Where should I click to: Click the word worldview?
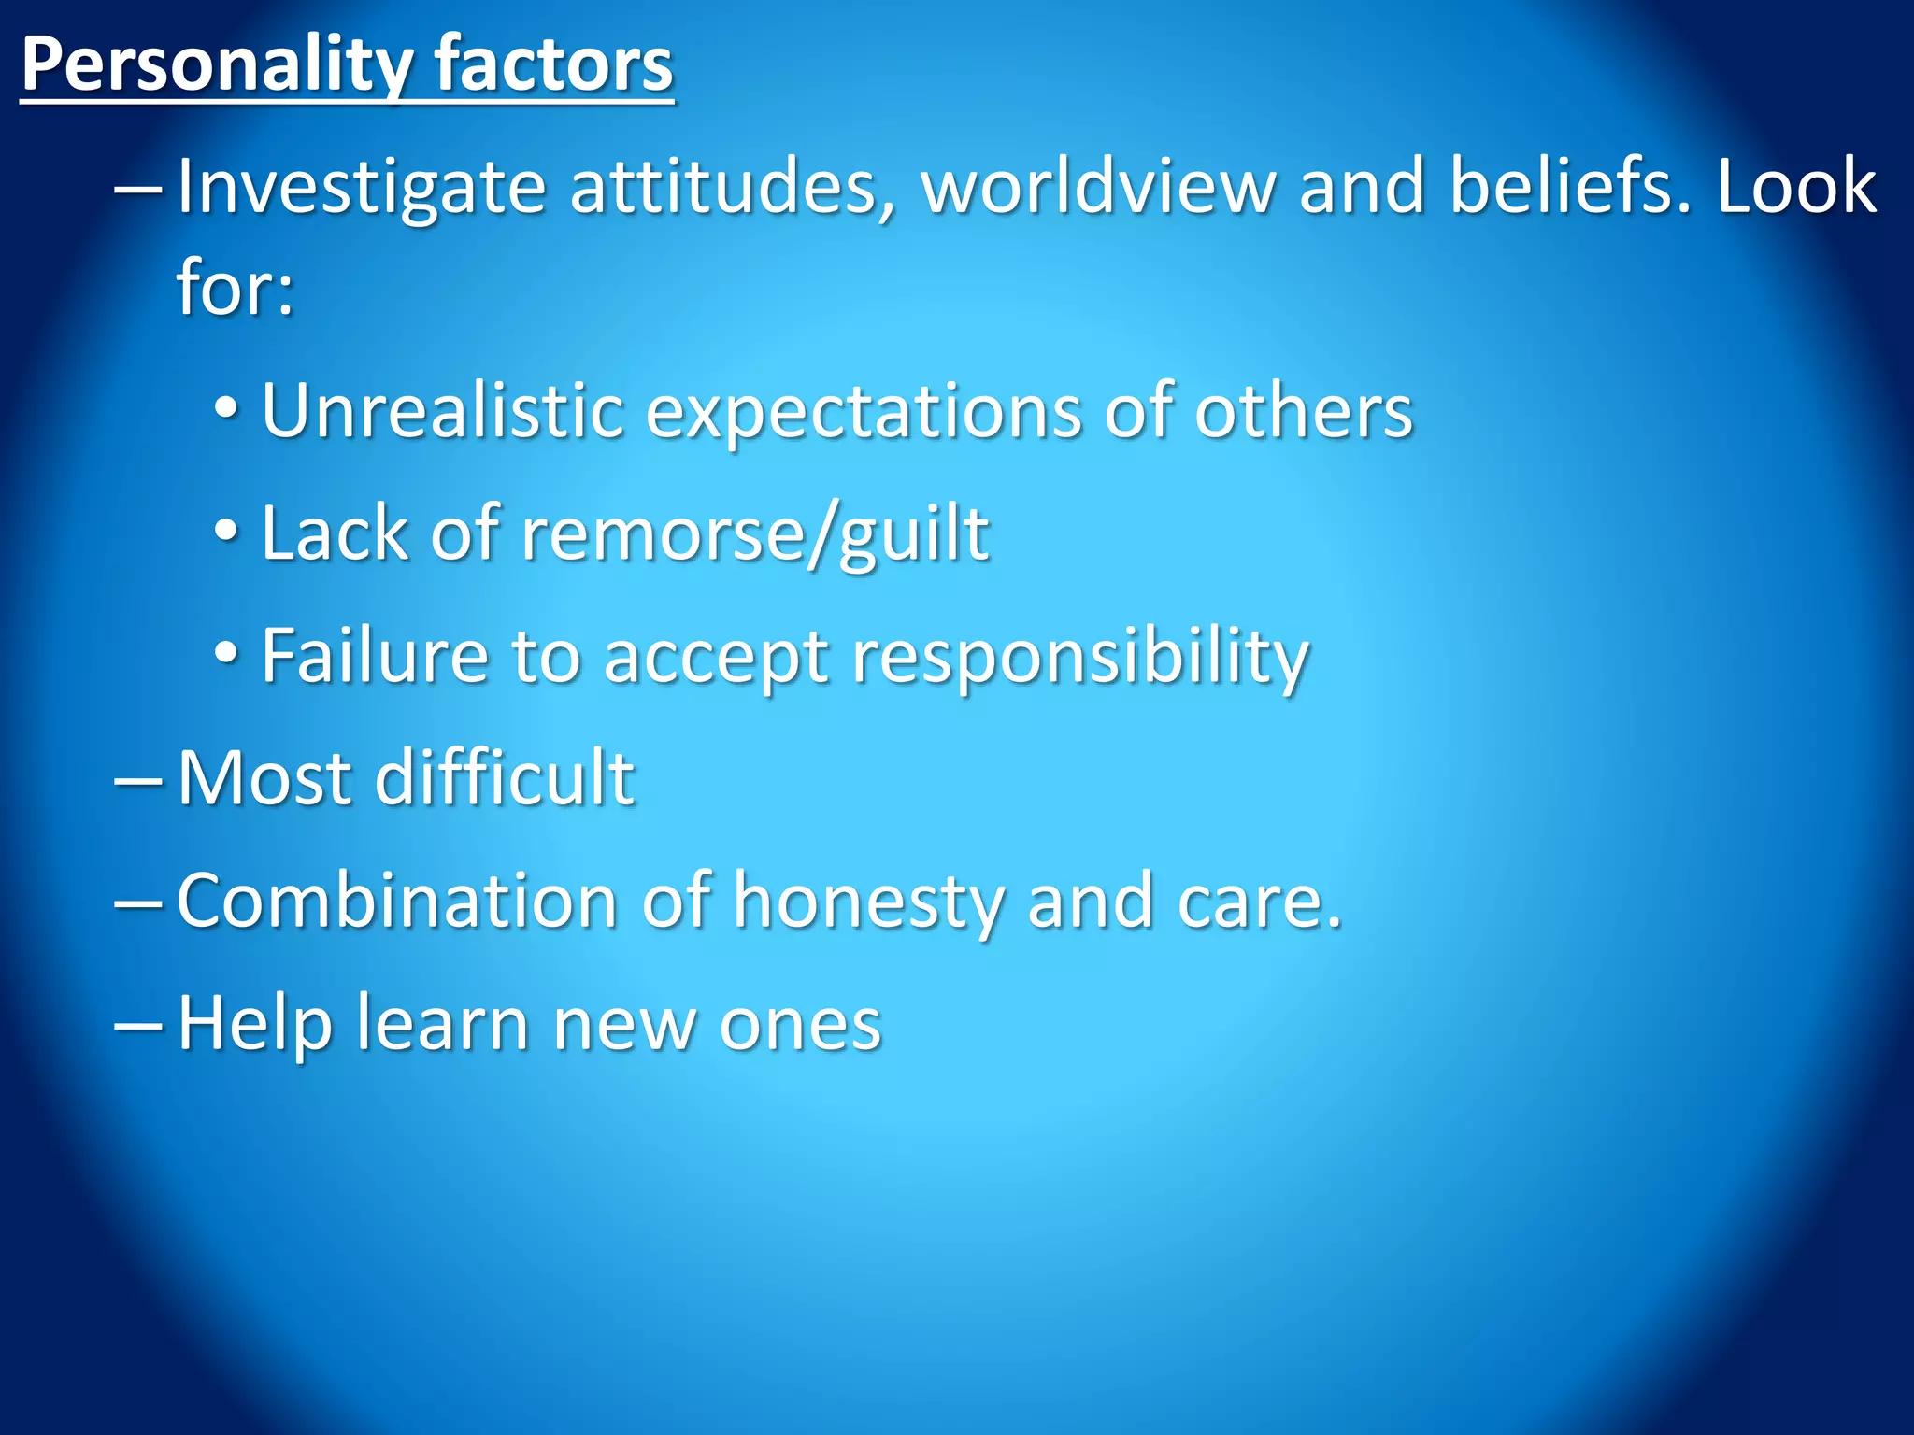[1098, 187]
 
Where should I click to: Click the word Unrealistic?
[442, 411]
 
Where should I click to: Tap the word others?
[1304, 411]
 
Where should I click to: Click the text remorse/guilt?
[755, 534]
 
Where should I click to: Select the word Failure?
[375, 656]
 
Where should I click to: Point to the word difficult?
[505, 777]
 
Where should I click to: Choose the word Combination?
[397, 901]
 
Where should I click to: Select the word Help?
[255, 1024]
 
